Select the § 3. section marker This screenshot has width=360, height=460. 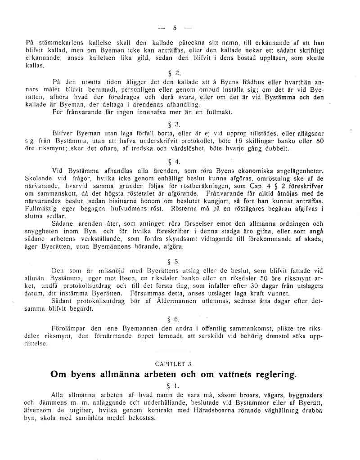tap(177, 125)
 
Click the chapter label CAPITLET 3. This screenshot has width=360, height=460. tap(174, 363)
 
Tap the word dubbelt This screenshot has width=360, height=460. tap(283, 148)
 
